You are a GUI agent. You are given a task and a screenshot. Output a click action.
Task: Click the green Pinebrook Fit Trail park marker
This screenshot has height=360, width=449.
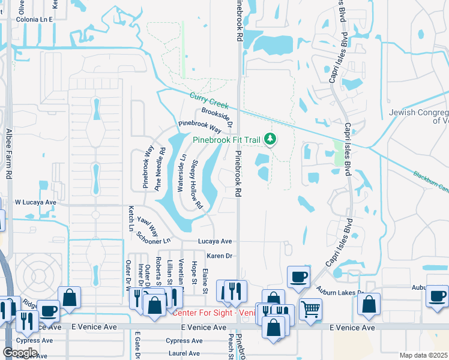tap(270, 140)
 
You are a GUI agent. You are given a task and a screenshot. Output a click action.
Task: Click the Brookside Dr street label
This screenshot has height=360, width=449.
tap(217, 116)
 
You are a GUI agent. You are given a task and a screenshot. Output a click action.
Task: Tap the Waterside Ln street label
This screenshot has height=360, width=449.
tap(181, 173)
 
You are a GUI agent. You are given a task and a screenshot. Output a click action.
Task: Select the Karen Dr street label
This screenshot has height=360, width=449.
tap(219, 256)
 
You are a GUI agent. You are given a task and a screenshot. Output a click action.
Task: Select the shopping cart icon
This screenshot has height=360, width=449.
tap(310, 309)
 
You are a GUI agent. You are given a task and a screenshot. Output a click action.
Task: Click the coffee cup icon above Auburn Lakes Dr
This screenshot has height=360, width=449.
tap(298, 277)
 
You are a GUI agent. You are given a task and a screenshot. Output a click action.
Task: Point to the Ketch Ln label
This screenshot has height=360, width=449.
tap(130, 218)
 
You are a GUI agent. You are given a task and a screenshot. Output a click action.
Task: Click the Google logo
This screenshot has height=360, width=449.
tap(20, 352)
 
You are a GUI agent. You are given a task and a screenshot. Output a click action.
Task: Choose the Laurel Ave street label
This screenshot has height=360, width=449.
tap(184, 353)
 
